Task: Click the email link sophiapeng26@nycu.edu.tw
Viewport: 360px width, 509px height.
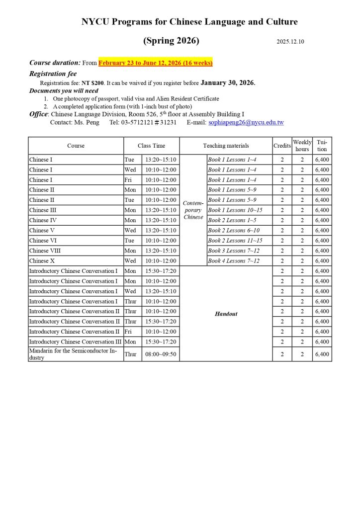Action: [246, 122]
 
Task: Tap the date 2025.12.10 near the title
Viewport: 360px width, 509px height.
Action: [290, 42]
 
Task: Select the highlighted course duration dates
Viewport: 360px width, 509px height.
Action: [156, 63]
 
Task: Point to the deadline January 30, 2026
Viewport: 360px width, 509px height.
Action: [228, 83]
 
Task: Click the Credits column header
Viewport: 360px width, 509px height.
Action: [282, 146]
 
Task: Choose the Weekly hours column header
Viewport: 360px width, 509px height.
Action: [302, 146]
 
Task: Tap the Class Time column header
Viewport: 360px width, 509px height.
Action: [151, 146]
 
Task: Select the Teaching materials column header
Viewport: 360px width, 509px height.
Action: [226, 146]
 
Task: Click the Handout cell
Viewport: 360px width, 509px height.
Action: [226, 314]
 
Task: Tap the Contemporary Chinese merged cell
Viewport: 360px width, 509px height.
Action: [193, 210]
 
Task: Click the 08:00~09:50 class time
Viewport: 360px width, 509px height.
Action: [160, 354]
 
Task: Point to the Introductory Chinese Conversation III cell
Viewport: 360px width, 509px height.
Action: [75, 342]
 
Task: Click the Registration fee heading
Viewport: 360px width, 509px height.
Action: [53, 74]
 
